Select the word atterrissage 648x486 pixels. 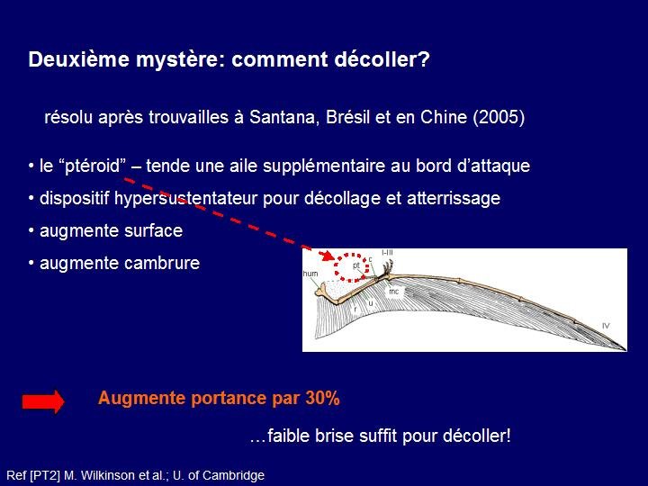point(454,198)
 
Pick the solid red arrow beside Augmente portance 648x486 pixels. point(43,400)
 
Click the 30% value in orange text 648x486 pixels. point(323,399)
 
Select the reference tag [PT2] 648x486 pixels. point(45,476)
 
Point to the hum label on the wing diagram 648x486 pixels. point(310,274)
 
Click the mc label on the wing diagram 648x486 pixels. point(394,292)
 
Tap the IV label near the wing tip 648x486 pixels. point(606,326)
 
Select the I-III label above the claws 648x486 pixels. point(387,252)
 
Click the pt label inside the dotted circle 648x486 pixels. point(356,265)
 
